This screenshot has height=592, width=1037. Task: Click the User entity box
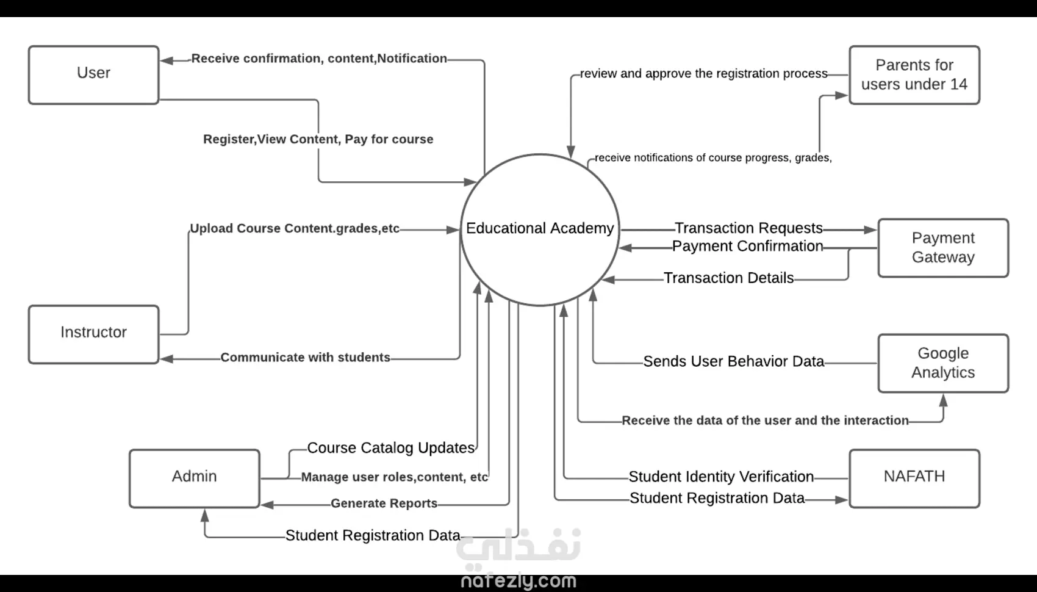[93, 74]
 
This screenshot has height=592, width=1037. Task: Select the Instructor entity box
[93, 334]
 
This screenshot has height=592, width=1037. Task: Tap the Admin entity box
[194, 478]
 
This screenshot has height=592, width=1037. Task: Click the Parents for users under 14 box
[914, 74]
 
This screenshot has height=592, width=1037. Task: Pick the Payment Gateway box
[942, 248]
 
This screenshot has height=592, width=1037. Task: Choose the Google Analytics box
[942, 363]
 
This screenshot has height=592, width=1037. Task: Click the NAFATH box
[914, 478]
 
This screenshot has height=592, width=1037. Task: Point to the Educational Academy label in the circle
[540, 228]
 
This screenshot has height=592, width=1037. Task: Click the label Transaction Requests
[748, 228]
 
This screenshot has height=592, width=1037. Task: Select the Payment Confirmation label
[747, 247]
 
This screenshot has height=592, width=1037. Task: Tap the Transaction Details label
[728, 278]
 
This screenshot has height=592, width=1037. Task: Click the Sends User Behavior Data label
[733, 362]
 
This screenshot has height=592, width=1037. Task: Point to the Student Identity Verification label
[721, 477]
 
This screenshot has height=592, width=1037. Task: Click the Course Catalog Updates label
[390, 448]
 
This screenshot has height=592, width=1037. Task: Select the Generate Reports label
[384, 504]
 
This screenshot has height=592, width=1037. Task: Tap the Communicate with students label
[305, 358]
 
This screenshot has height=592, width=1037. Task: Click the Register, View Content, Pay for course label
[318, 139]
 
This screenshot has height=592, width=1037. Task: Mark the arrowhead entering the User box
[167, 60]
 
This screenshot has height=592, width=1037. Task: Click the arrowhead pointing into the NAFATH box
[842, 500]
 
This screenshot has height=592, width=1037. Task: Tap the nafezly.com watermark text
[518, 581]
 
